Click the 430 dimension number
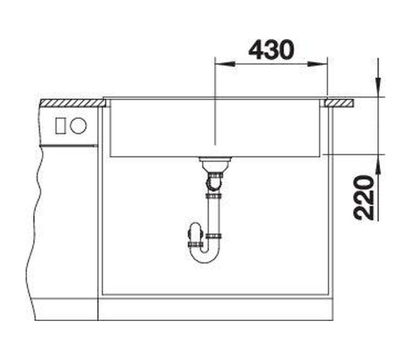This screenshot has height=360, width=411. (x=271, y=49)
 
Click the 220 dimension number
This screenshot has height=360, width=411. (x=363, y=197)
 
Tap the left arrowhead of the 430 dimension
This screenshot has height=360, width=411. (x=225, y=64)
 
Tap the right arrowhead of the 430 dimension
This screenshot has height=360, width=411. (x=317, y=64)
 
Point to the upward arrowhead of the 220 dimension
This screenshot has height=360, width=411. (x=378, y=164)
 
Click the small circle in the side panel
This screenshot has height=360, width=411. (x=78, y=125)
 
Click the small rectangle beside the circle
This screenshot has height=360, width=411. (x=60, y=125)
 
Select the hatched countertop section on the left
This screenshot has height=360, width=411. (x=72, y=103)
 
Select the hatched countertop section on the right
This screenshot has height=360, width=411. (x=339, y=103)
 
